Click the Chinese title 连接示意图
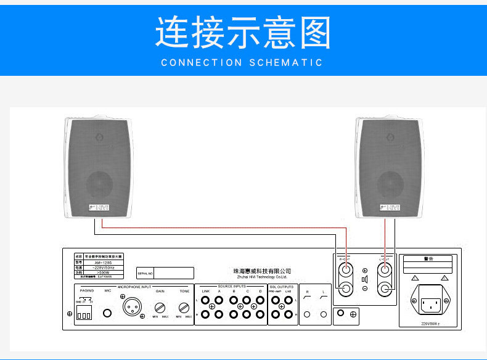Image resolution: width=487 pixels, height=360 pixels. [x=243, y=33]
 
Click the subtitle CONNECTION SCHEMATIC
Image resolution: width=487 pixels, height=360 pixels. [x=242, y=63]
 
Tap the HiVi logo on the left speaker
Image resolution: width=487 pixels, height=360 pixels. [x=99, y=207]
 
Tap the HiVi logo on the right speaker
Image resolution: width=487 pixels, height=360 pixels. [x=390, y=207]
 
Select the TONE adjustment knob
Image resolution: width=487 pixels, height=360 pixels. [x=184, y=308]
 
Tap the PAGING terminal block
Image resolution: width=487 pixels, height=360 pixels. [x=83, y=314]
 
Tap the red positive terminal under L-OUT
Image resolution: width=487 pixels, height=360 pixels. [x=386, y=269]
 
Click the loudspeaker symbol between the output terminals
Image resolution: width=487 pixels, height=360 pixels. [x=365, y=279]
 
